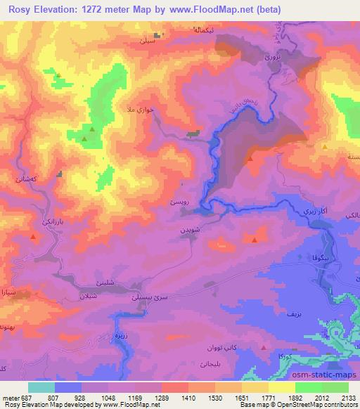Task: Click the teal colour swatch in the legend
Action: (x=41, y=387)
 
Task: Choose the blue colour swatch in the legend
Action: (x=68, y=387)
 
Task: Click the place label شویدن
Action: (x=195, y=230)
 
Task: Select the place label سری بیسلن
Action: (x=150, y=299)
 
